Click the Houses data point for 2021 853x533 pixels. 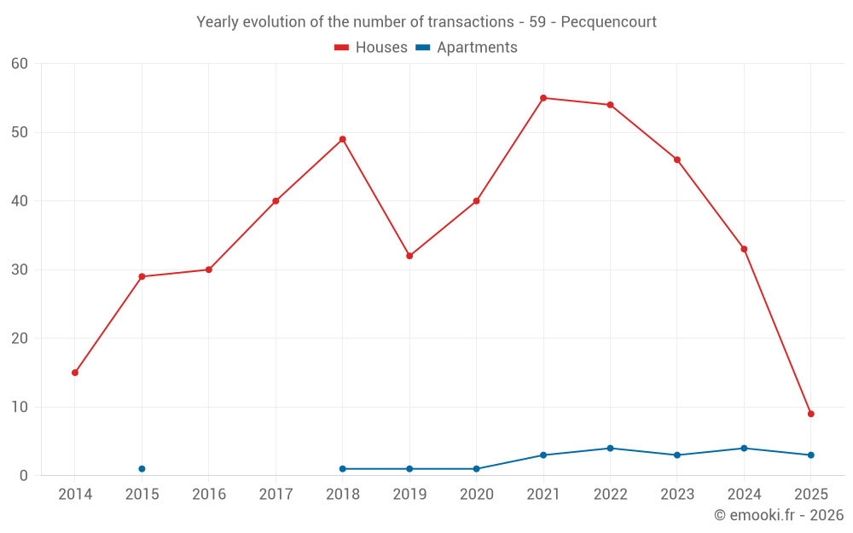(x=543, y=98)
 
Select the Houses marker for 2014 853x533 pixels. (x=75, y=373)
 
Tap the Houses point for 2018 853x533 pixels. (x=343, y=139)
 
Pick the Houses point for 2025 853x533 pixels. (x=811, y=414)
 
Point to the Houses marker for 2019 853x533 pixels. (x=409, y=256)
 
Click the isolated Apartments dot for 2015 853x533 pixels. (x=142, y=469)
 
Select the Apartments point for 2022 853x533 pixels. (x=610, y=449)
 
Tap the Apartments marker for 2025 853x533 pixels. (x=811, y=455)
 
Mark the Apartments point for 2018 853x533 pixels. (x=343, y=469)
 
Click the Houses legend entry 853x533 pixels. (x=371, y=48)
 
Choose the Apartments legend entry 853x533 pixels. (x=467, y=48)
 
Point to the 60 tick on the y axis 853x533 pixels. (x=20, y=64)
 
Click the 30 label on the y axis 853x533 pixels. (x=20, y=269)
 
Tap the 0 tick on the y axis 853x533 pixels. (x=24, y=476)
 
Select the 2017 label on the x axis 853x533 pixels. (x=276, y=495)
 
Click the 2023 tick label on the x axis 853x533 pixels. (x=677, y=495)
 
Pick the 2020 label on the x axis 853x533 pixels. (x=477, y=495)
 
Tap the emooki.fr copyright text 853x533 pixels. (x=778, y=515)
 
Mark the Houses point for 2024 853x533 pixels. (x=744, y=249)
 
